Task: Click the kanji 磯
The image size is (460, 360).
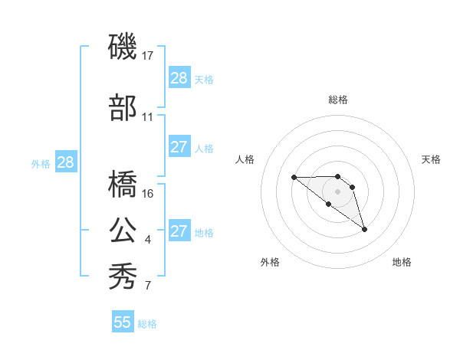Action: pos(123,48)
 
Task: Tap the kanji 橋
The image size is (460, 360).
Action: pos(123,184)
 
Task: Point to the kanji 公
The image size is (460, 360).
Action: pos(123,231)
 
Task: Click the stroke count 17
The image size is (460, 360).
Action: pos(148,56)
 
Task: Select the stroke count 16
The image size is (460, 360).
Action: pos(148,193)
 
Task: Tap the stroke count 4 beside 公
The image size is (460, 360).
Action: pos(148,241)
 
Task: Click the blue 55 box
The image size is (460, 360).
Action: pos(123,322)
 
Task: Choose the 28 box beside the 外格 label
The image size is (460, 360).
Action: pos(64,162)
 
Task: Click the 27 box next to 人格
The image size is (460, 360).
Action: pos(179,147)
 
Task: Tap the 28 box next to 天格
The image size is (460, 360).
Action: pos(179,77)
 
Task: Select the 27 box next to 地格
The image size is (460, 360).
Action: pos(179,231)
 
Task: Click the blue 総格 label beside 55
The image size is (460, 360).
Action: pos(147,324)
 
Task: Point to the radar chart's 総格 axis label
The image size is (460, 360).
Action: pos(337,100)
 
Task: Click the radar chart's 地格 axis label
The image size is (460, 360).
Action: pos(402,262)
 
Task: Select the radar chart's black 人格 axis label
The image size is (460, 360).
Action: pos(245,159)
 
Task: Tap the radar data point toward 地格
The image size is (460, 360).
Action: pos(364,229)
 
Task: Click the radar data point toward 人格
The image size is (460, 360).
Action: pos(294,178)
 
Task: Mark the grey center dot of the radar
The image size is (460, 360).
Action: pos(337,191)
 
